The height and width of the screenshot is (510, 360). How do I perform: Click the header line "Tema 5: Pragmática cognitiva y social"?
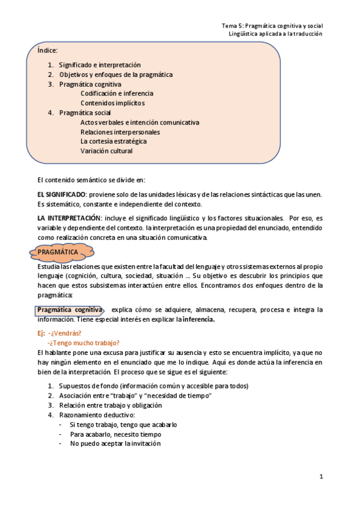coord(272,26)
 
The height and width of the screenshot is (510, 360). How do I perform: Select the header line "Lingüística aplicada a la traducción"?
coord(276,34)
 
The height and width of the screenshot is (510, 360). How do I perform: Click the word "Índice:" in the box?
coord(47,51)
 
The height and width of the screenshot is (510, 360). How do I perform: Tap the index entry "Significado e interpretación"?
coord(100,64)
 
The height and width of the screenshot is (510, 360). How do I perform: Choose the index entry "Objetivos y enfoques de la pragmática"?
coord(115,74)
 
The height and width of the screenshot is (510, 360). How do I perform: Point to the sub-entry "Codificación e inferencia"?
coord(117,93)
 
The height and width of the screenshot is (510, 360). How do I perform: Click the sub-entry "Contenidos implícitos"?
coord(112,103)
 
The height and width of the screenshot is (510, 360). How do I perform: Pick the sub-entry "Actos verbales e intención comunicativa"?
coord(139,122)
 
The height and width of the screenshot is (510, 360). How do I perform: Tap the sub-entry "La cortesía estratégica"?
coord(113,141)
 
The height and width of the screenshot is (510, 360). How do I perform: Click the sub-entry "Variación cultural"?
coord(106,151)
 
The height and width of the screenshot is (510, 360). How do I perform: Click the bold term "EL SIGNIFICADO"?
coord(62,194)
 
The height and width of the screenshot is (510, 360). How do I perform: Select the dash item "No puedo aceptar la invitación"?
coord(115,444)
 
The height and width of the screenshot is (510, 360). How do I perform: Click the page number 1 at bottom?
coord(322,477)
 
